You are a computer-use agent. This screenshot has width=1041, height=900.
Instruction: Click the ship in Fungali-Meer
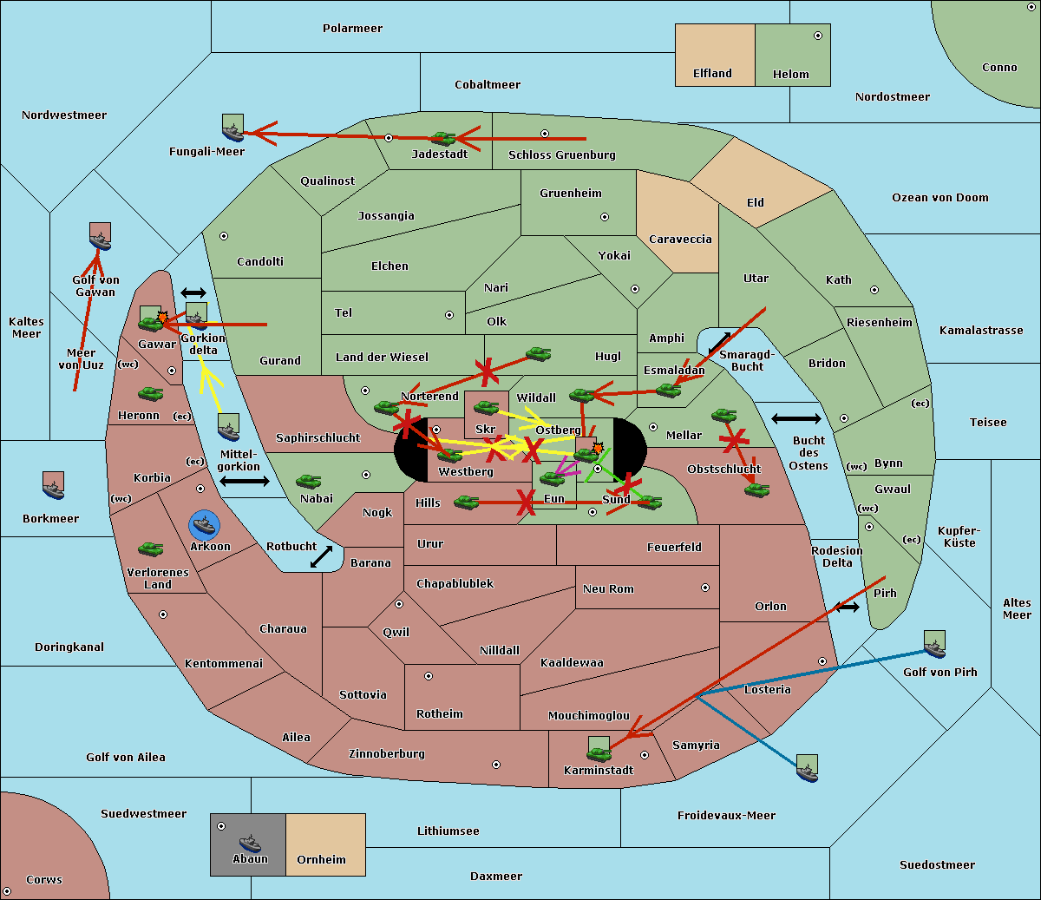232,132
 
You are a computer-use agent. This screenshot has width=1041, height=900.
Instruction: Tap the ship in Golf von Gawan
100,241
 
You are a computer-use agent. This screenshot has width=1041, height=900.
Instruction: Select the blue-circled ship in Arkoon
204,524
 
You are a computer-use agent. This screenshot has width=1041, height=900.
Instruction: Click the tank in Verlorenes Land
151,549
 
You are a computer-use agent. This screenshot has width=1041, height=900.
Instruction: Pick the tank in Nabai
308,481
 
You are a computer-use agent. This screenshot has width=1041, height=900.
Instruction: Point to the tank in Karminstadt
599,754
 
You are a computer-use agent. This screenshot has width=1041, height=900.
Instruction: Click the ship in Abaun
250,843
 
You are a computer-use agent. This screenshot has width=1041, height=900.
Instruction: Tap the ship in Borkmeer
54,489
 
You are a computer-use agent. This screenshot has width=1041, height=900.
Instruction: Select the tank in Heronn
151,393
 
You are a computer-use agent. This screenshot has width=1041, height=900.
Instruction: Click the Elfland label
712,74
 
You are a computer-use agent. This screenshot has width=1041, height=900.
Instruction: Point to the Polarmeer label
352,29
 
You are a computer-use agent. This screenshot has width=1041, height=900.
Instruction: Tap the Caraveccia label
680,239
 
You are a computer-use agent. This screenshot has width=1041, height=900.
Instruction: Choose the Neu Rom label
608,588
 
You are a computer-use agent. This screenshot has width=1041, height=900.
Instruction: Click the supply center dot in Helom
818,36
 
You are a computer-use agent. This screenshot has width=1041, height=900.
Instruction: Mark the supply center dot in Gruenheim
605,217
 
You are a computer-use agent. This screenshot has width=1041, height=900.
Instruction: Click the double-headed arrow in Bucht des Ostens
795,418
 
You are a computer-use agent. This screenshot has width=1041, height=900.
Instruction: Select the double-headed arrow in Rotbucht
321,557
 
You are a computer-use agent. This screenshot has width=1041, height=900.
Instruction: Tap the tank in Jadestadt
443,139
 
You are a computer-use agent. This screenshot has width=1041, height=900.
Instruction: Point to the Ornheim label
321,859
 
